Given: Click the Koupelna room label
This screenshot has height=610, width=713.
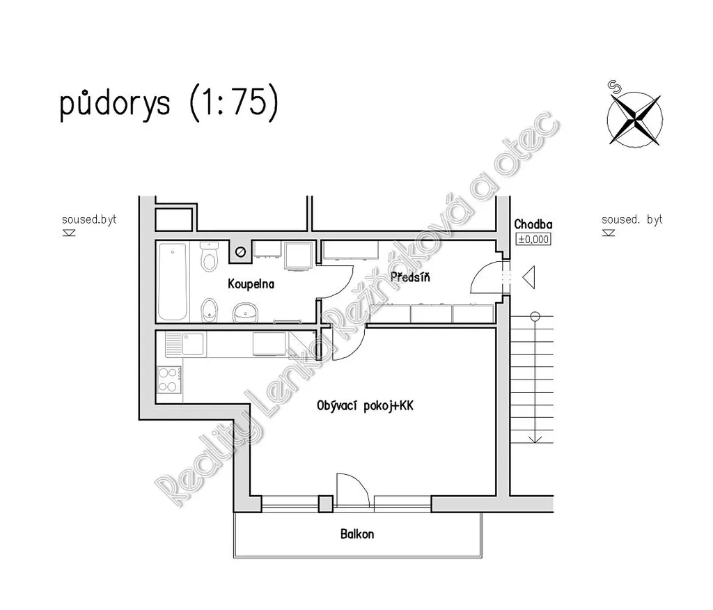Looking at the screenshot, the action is tap(251, 284).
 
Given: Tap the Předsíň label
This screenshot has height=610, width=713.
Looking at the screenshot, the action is tap(410, 276).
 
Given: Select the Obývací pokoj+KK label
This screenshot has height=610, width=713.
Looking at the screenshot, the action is tap(365, 406).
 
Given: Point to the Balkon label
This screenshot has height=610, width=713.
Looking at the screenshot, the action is tap(357, 533).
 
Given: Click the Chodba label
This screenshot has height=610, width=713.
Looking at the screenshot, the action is tap(533, 224).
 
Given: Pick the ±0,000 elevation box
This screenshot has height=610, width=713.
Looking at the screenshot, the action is tap(534, 239).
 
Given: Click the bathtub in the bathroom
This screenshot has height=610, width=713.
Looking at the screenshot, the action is tap(173, 281).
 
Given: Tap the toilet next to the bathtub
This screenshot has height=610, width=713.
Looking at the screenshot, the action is tap(209, 257).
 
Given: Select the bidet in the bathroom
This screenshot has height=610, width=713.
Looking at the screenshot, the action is tap(209, 310).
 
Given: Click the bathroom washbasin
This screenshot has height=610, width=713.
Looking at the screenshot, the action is tap(246, 313).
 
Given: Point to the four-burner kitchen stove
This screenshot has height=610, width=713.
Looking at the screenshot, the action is tap(169, 380).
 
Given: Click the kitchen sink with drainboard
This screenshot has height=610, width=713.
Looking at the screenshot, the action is tap(185, 344).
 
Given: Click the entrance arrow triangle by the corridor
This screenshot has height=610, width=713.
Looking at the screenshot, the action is tap(530, 277).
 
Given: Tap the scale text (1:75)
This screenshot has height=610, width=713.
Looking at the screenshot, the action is tap(234, 102).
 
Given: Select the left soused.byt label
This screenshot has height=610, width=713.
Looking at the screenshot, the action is tap(89, 220).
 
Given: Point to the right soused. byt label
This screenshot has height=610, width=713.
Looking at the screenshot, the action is tap(632, 220).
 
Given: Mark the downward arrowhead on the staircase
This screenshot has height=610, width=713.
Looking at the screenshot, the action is tap(535, 439).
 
